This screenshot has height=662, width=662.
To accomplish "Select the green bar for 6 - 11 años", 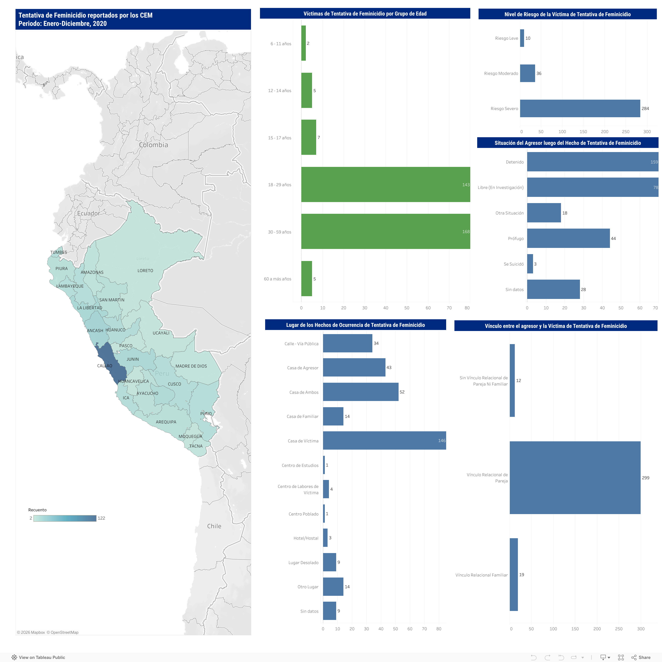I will tap(303, 43).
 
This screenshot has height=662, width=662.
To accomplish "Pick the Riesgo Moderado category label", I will tap(501, 73).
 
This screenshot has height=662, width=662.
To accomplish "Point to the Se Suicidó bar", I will tap(530, 264).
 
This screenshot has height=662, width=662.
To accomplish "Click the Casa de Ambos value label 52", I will tap(402, 392).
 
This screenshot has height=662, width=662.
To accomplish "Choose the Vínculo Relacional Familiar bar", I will tap(513, 575).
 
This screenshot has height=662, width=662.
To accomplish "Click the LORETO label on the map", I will tap(145, 271).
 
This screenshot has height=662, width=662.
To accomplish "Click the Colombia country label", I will tap(153, 145).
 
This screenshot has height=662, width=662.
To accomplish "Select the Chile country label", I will tap(214, 526).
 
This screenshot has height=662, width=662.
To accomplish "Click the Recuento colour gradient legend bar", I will tap(65, 518).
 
